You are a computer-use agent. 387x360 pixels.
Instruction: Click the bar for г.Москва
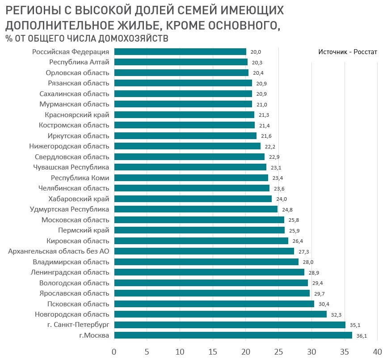[x=233, y=335]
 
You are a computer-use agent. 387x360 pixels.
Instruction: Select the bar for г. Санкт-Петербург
[x=230, y=325]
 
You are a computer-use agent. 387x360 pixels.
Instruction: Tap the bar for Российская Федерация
[x=180, y=52]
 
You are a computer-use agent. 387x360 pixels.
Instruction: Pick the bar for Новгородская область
[x=220, y=314]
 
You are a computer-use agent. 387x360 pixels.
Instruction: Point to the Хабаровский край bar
[x=193, y=199]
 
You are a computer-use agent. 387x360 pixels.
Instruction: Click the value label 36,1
[x=362, y=336]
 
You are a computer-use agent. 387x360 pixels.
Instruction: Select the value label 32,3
[x=337, y=315]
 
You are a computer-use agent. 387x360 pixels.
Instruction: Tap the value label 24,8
[x=287, y=209]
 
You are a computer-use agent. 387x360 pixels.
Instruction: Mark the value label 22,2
[x=270, y=146]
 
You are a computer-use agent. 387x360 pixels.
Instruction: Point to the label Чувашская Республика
[x=72, y=167]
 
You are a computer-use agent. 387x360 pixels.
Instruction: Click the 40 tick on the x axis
[x=377, y=352]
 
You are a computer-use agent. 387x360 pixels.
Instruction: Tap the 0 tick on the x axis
[x=114, y=352]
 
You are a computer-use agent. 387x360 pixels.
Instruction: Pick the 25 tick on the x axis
[x=278, y=352]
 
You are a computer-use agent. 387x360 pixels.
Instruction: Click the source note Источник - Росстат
[x=348, y=52]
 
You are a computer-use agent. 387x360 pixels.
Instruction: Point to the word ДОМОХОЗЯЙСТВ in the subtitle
[x=130, y=38]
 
